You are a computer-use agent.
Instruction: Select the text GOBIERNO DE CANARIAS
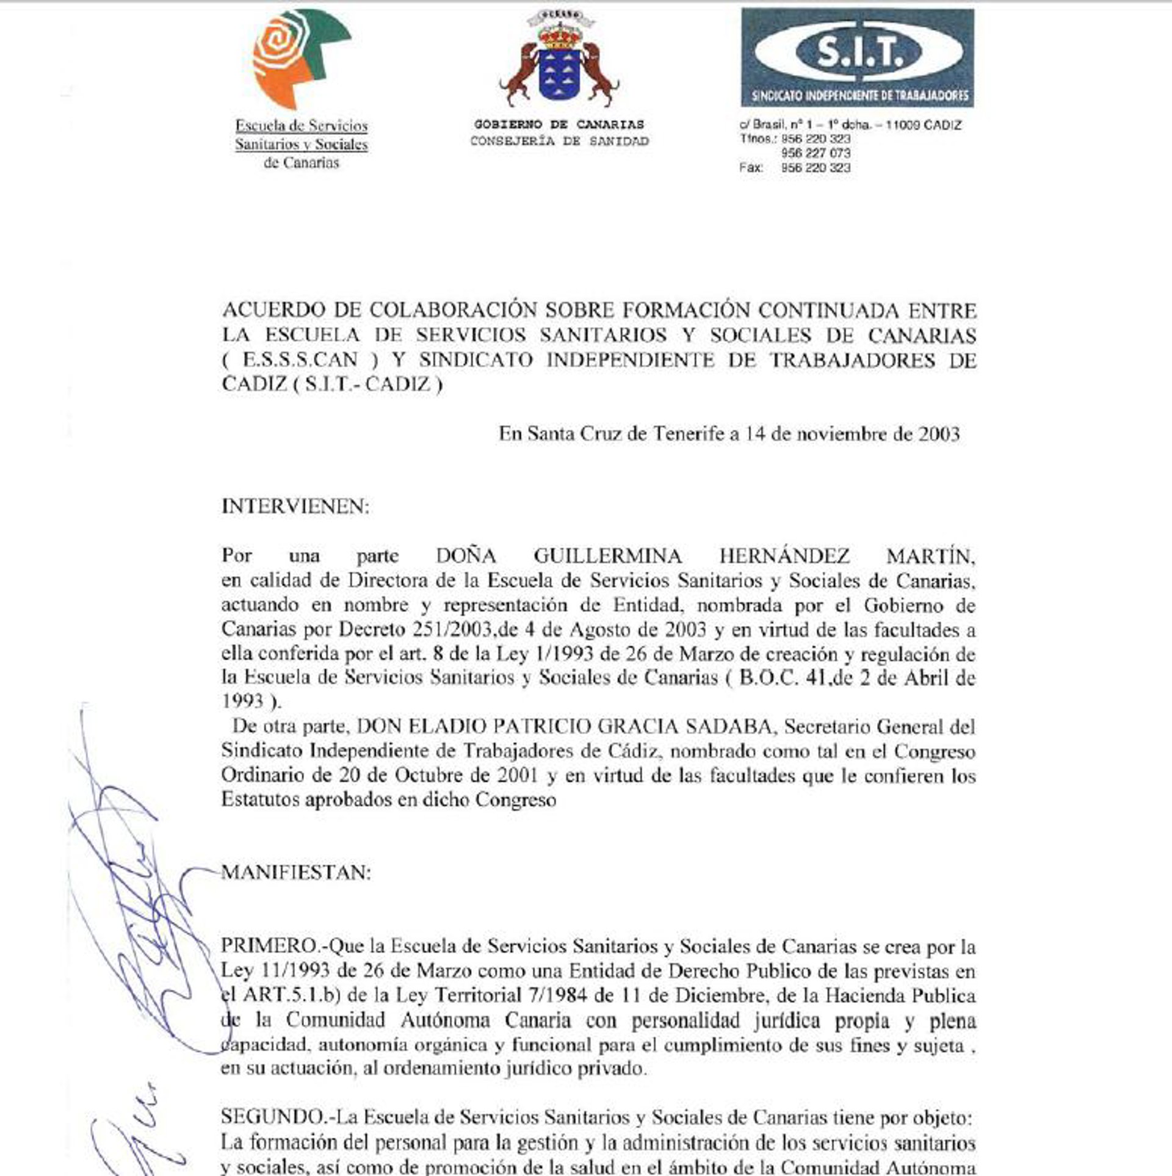pyautogui.click(x=559, y=124)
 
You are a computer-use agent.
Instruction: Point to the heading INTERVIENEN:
pyautogui.click(x=295, y=507)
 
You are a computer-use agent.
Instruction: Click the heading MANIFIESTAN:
pyautogui.click(x=296, y=873)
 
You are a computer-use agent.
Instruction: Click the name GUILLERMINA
pyautogui.click(x=608, y=556)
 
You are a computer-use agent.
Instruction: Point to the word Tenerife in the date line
pyautogui.click(x=689, y=434)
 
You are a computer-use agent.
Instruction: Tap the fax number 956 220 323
pyautogui.click(x=816, y=168)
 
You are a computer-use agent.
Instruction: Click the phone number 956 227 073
pyautogui.click(x=816, y=153)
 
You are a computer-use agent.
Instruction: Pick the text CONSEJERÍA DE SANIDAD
pyautogui.click(x=559, y=142)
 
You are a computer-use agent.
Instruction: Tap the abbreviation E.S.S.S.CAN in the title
pyautogui.click(x=300, y=360)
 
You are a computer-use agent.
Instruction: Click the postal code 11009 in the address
pyautogui.click(x=902, y=126)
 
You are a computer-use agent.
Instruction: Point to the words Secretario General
pyautogui.click(x=861, y=727)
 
